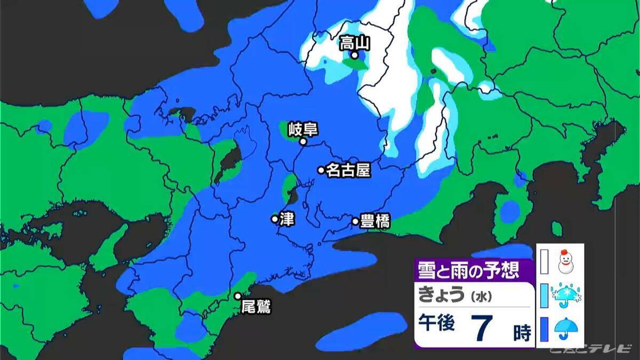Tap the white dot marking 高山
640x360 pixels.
[355, 55]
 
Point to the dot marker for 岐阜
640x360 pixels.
[303, 142]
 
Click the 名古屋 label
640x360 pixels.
[347, 170]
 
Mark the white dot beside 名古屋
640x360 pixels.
[321, 170]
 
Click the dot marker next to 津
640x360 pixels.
[275, 219]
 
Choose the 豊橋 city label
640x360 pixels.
[375, 221]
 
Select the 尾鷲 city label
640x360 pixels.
[257, 307]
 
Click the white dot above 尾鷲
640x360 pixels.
[238, 296]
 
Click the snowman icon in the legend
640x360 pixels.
[565, 261]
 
